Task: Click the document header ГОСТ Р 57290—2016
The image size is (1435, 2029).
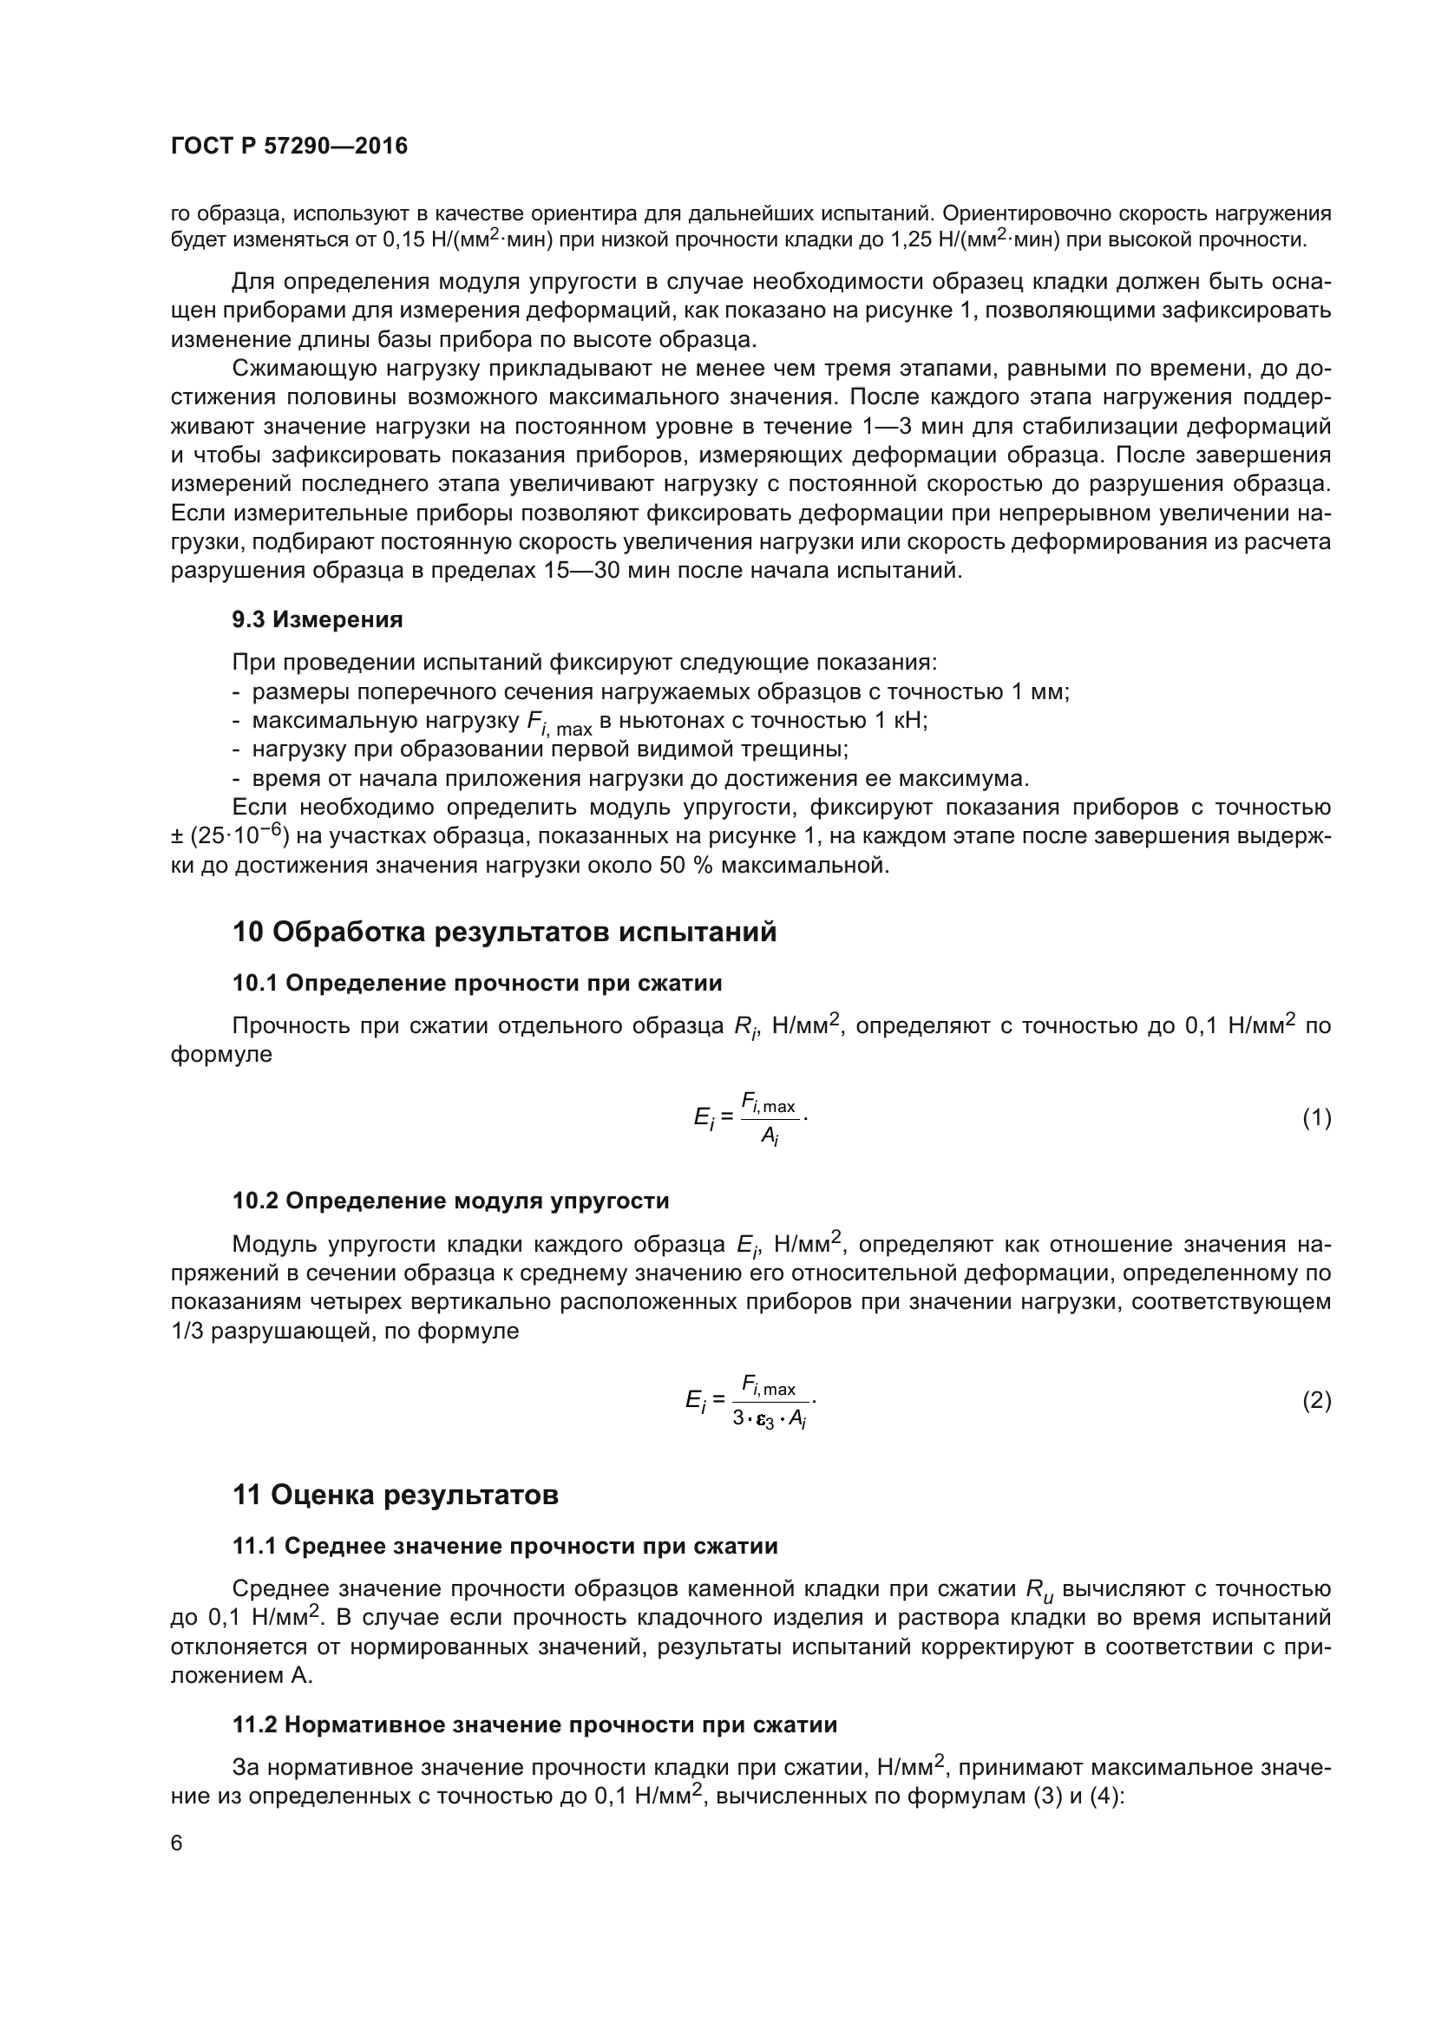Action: point(289,147)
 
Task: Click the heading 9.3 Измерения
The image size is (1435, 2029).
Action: point(318,619)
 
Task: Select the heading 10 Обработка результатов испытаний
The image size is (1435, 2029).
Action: point(505,932)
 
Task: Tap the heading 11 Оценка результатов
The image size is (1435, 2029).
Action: point(395,1495)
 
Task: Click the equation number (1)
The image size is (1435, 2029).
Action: point(1316,1118)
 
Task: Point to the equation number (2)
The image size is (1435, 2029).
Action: point(1316,1401)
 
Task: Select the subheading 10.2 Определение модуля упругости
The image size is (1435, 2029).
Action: point(450,1201)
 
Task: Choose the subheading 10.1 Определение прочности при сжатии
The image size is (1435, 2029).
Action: point(477,984)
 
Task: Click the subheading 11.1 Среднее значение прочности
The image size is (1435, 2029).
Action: point(505,1547)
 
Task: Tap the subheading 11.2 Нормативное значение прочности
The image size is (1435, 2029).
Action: point(534,1725)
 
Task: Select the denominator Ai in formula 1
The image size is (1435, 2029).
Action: point(770,1137)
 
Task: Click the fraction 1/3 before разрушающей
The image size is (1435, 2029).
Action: point(187,1331)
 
